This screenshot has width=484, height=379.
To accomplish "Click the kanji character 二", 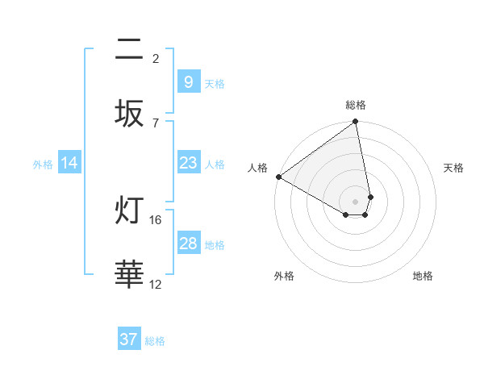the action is click(129, 51).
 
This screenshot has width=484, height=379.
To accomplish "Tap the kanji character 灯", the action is click(129, 212).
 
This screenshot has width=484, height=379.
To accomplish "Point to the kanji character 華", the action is click(129, 275).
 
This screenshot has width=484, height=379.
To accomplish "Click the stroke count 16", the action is click(156, 219).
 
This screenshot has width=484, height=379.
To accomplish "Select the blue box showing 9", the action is click(188, 82).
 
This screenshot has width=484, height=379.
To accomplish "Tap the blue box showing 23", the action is click(188, 163).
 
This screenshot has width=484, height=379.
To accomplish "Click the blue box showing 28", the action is click(188, 244).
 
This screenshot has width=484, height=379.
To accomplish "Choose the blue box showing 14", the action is click(69, 163).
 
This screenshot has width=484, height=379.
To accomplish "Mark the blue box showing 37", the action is click(129, 339).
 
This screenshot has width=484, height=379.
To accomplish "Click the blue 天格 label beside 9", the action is click(215, 83).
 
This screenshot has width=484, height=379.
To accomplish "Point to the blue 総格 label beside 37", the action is click(155, 340).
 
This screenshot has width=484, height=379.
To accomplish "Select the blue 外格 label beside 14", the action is click(43, 164).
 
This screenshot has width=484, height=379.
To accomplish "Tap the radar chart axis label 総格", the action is click(356, 105).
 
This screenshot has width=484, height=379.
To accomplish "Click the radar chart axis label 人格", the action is click(257, 168).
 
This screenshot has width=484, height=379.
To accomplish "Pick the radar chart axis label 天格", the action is click(454, 168).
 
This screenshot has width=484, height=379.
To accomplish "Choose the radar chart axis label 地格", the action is click(423, 276).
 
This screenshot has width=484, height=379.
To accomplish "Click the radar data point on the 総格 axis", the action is click(356, 123).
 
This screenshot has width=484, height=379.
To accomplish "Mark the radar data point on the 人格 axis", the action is click(278, 177).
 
